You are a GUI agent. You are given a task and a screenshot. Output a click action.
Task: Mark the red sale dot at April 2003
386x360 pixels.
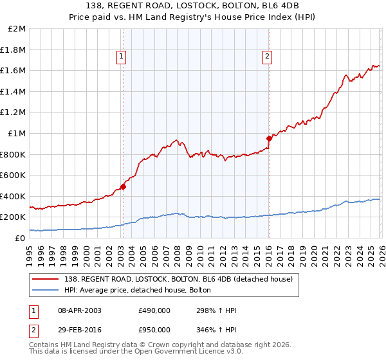click(123, 187)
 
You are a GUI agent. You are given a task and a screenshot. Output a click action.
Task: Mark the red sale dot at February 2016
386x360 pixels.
click(269, 138)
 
